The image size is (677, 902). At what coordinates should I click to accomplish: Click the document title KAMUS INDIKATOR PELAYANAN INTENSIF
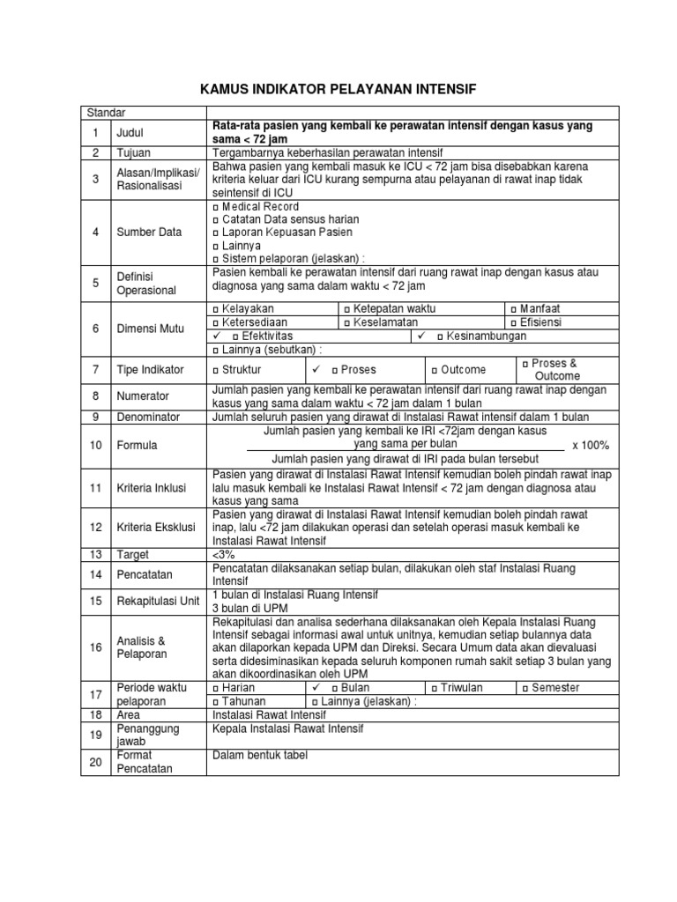338,89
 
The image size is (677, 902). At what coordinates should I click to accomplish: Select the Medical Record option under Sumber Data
256,207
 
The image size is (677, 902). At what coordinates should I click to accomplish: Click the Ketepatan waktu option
389,309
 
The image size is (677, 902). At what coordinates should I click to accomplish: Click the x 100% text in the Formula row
591,446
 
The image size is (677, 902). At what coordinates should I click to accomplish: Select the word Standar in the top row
106,112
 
